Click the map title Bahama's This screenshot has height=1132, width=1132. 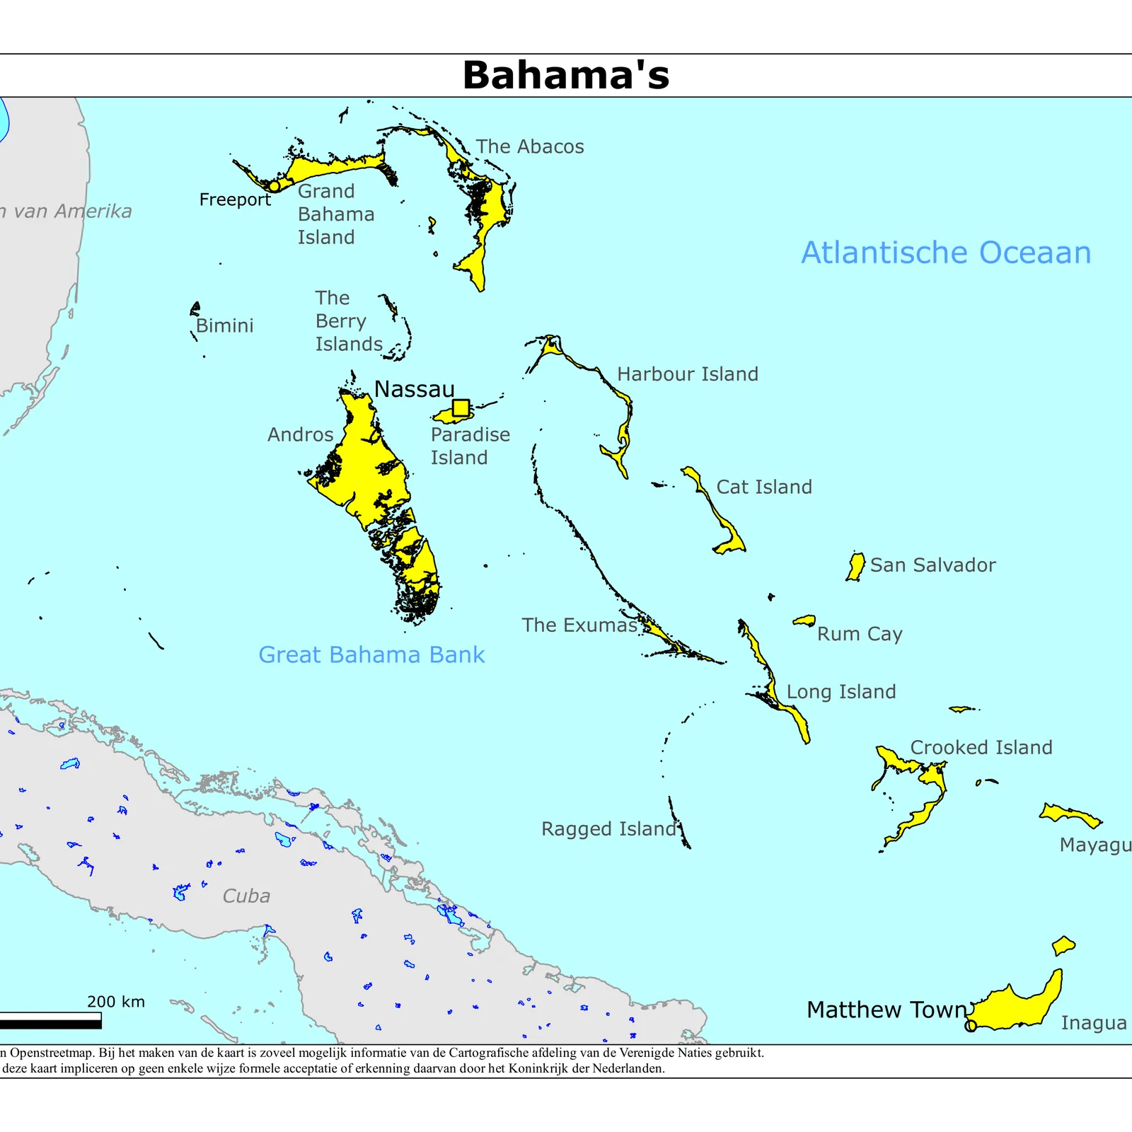[x=566, y=75]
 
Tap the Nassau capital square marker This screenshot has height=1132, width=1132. [x=461, y=408]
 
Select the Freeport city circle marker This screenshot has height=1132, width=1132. [x=274, y=186]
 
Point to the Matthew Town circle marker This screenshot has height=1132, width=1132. [x=971, y=1025]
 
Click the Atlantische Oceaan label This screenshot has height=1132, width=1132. [x=946, y=253]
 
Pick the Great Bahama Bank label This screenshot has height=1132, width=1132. [x=371, y=654]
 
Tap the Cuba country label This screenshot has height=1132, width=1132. [x=246, y=896]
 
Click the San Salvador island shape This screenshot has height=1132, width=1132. [x=856, y=566]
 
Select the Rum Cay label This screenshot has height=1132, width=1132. [x=860, y=634]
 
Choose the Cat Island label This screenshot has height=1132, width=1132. [x=764, y=487]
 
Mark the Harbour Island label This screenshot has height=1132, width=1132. [x=688, y=374]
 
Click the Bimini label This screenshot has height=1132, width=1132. [x=224, y=325]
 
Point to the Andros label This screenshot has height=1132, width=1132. [x=300, y=434]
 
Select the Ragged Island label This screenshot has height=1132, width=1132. [x=608, y=828]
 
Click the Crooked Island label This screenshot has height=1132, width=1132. [x=981, y=747]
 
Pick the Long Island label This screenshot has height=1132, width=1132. [x=841, y=691]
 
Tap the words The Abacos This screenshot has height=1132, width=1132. [x=530, y=146]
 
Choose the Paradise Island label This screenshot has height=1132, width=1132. [x=470, y=446]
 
